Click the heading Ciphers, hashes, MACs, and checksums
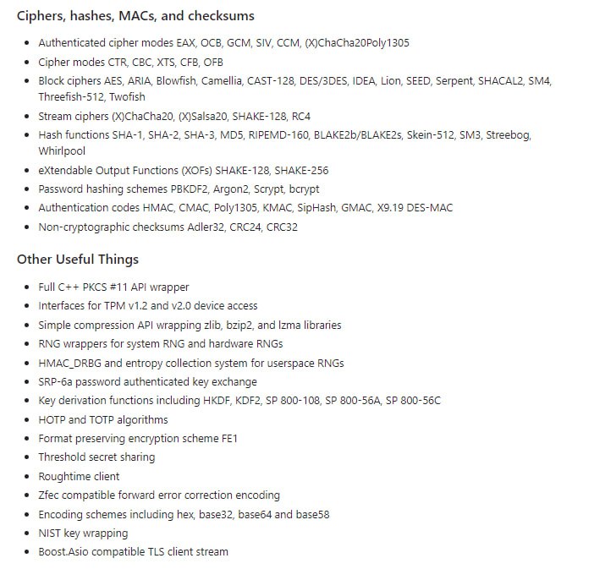coord(135,16)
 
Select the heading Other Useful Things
coord(78,260)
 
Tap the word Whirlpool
coord(63,151)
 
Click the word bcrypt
coord(303,189)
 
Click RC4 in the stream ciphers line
coord(302,116)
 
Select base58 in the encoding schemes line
coord(311,514)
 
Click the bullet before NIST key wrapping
coord(28,533)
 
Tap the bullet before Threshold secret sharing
coord(28,457)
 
